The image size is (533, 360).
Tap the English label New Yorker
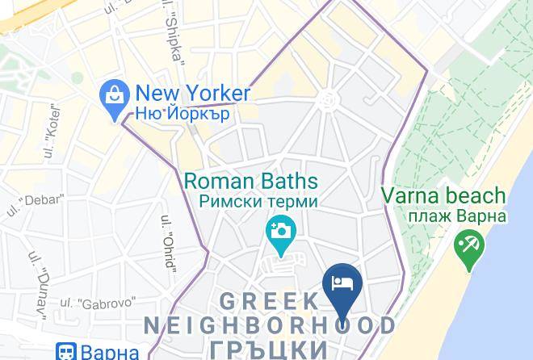click(x=192, y=92)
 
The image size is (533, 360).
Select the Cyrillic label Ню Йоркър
click(x=183, y=113)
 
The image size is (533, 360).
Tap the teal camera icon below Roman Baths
click(x=280, y=230)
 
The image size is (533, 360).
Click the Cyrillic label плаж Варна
click(x=445, y=216)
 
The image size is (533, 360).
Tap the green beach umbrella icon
click(x=468, y=244)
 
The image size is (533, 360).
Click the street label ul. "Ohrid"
click(x=169, y=243)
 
